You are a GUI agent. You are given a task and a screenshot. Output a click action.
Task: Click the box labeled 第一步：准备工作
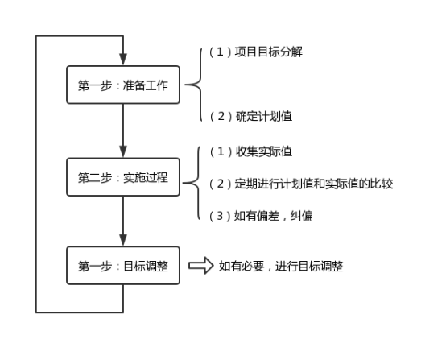coord(123,85)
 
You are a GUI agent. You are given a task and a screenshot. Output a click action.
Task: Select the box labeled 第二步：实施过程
coord(123,177)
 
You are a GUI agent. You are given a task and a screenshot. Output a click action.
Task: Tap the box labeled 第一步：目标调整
coord(123,266)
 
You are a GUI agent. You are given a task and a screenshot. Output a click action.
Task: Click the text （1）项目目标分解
coord(256,52)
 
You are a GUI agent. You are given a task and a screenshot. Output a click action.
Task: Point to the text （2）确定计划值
coord(251,116)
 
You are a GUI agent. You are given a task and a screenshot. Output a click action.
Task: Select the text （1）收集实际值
coord(251,151)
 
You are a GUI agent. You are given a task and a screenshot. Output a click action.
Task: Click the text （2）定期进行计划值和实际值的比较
coord(301,184)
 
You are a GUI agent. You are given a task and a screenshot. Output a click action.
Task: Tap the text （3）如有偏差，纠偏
coord(261,216)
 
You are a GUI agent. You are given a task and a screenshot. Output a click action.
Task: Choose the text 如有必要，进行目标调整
coord(281,266)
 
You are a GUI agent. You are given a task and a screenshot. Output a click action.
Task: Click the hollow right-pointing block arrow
coord(200,266)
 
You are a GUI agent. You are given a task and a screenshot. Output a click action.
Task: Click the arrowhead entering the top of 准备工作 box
coord(123,59)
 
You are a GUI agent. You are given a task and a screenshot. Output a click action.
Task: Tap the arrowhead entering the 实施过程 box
coord(123,151)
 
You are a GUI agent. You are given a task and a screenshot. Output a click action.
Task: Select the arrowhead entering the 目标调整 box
coord(123,240)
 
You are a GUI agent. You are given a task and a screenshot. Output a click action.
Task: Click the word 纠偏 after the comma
coord(302,216)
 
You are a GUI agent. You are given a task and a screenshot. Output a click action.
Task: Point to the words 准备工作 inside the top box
coord(146,85)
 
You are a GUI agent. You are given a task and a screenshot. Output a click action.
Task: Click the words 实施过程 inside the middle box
coord(146,177)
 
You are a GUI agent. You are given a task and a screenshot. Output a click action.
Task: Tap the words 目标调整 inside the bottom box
coord(146,266)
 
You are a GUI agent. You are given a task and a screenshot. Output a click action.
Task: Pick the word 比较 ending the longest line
coord(382,184)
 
